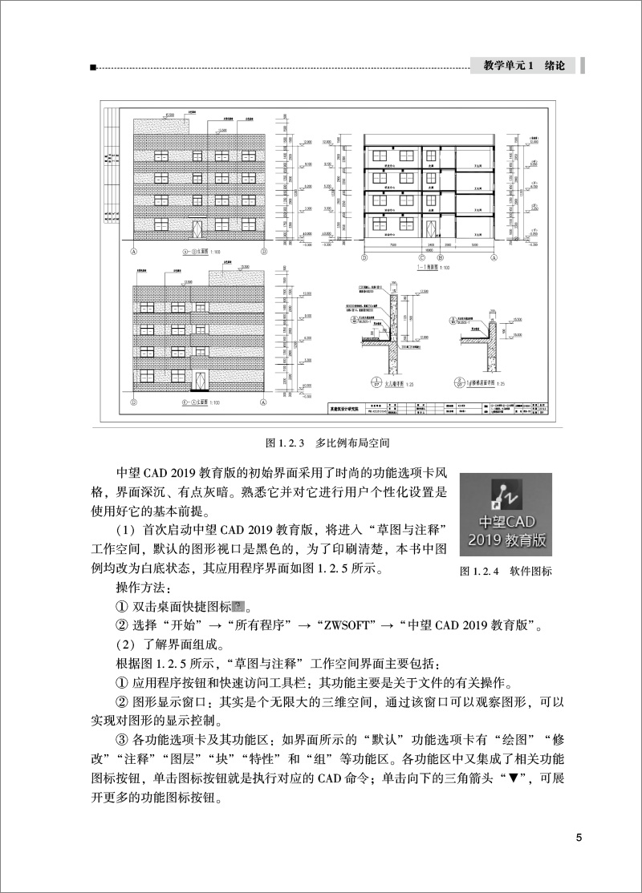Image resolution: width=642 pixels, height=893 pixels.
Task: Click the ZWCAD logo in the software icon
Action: click(507, 492)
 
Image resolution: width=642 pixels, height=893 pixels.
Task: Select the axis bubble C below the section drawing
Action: click(421, 257)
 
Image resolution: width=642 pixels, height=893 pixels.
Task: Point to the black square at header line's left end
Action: click(95, 68)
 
